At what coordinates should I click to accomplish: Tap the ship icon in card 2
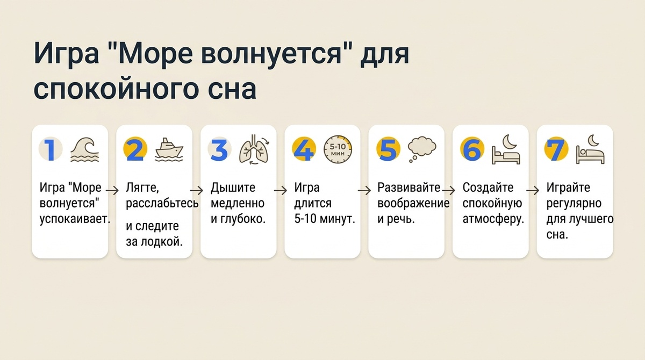coord(168,150)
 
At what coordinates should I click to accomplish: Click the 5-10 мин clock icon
coord(337,150)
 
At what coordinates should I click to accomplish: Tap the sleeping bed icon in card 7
coord(590,150)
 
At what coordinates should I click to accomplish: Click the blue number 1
coord(50,150)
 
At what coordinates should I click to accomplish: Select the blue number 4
coord(303,150)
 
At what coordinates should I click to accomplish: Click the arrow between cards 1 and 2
coord(112,190)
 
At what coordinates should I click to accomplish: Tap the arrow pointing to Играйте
coord(533,190)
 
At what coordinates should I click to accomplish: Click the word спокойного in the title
coord(109,89)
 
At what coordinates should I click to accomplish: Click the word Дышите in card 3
coord(233,188)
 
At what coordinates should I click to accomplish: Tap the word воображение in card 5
coord(413,204)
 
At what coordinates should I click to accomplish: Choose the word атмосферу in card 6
coord(493,219)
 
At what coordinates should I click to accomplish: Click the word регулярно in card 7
coord(574,204)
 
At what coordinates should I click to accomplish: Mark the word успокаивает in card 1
coord(75,219)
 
